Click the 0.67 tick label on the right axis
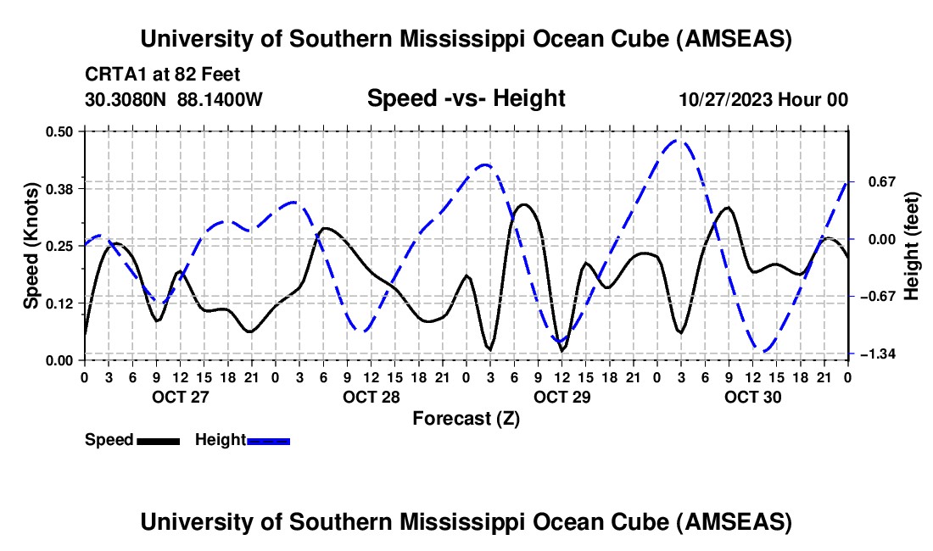(871, 181)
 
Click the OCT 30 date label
(751, 396)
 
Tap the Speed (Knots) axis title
(31, 246)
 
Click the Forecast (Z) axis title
(466, 417)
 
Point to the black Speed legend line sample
(157, 440)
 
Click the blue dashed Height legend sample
(268, 440)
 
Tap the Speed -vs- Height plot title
(466, 98)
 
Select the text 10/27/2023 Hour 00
(763, 100)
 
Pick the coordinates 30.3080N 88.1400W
(174, 100)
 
